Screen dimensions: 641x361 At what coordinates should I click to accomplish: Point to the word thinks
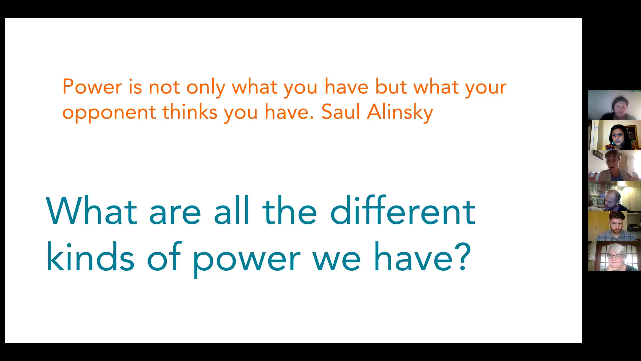(x=190, y=112)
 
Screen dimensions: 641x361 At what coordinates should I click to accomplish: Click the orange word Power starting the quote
(x=92, y=87)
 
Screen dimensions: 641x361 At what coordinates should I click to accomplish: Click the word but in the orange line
(x=391, y=87)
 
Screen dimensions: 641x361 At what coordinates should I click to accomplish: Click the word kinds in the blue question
(x=90, y=257)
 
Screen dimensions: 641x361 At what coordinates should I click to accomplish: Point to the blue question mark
(x=463, y=257)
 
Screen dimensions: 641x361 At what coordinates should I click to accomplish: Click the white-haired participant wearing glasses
(x=614, y=256)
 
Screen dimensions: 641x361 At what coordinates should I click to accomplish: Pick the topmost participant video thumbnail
(x=614, y=105)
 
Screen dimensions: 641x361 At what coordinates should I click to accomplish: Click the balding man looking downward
(x=614, y=196)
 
